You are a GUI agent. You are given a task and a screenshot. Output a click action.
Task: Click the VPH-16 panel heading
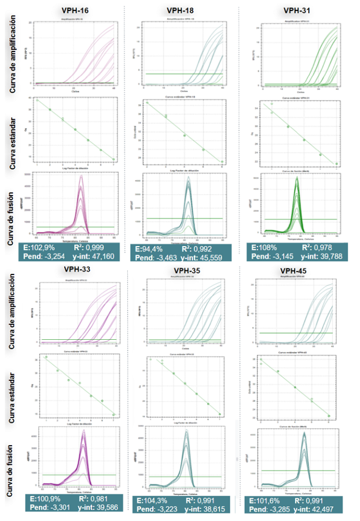[75, 10]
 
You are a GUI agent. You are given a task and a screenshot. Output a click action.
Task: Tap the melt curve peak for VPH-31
[297, 179]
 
